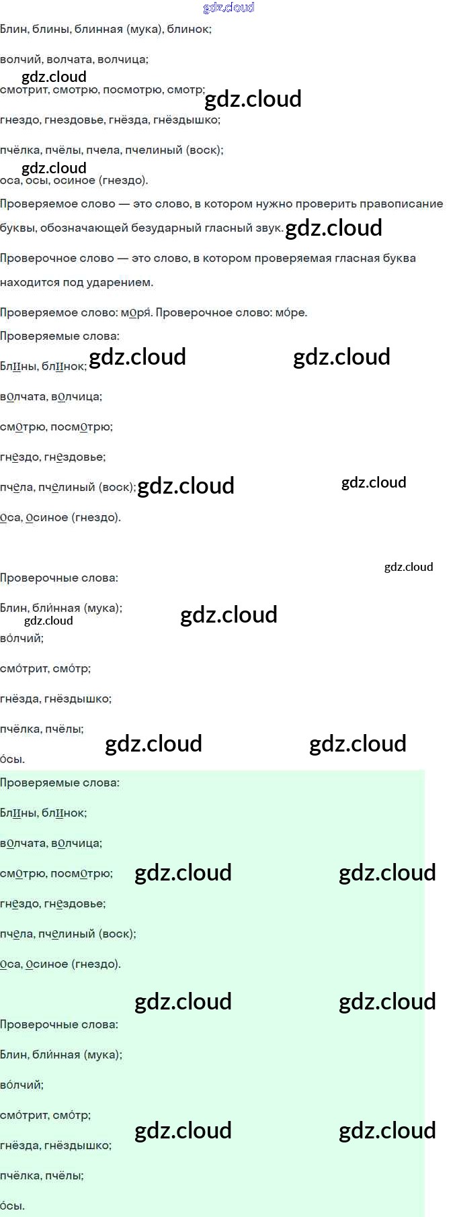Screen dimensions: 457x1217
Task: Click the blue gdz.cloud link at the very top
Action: coord(229,8)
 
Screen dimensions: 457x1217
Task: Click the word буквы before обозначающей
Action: coord(17,228)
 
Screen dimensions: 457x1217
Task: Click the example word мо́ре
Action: coord(291,313)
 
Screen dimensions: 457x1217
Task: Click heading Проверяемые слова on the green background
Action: coord(60,783)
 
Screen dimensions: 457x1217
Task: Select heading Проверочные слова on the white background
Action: coord(59,578)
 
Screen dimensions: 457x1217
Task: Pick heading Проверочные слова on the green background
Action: coord(59,1025)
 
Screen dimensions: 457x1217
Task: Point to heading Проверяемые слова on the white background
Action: coord(60,336)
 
